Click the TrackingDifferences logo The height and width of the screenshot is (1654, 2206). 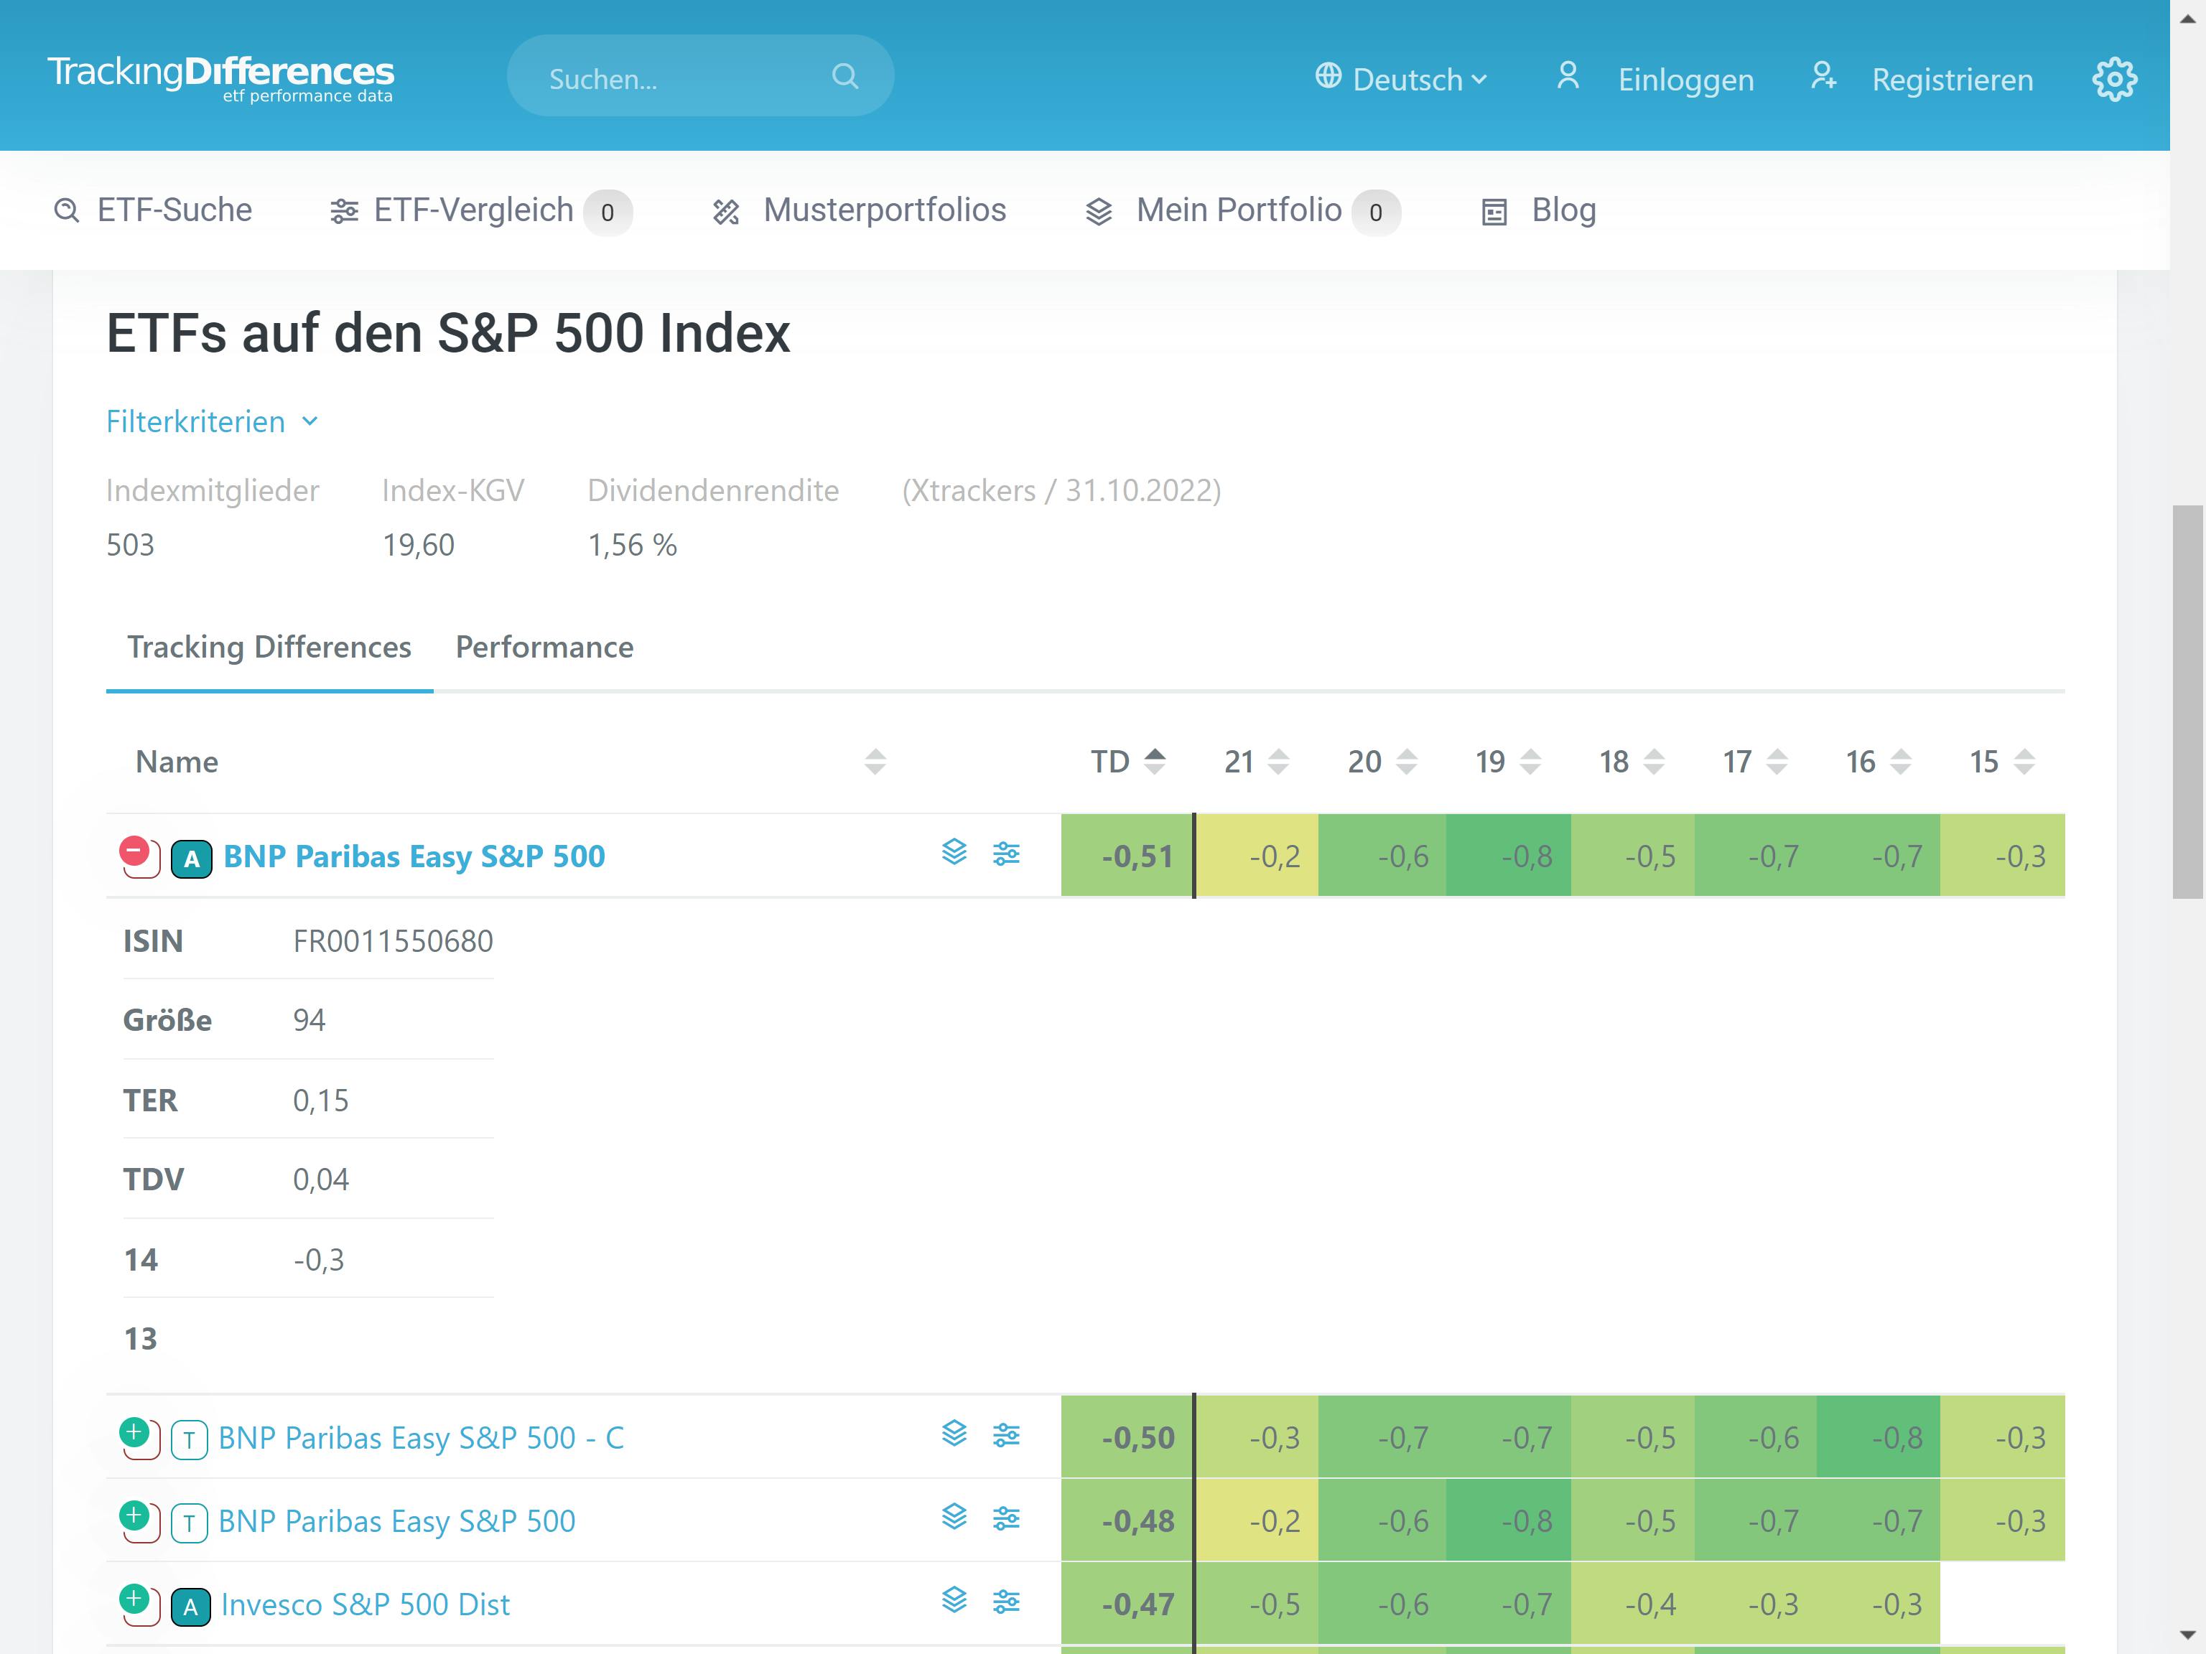pyautogui.click(x=220, y=77)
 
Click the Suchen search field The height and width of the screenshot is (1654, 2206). pyautogui.click(x=688, y=77)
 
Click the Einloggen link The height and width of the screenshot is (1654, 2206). pyautogui.click(x=1685, y=79)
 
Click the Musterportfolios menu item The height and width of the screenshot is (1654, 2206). pyautogui.click(x=883, y=210)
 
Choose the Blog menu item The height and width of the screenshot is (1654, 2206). pyautogui.click(x=1563, y=210)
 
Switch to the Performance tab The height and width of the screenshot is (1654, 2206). pyautogui.click(x=544, y=647)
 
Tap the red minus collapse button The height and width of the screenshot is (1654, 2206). pyautogui.click(x=134, y=852)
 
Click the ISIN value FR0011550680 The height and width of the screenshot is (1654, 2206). pyautogui.click(x=393, y=941)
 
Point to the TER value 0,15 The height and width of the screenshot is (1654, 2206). pyautogui.click(x=320, y=1100)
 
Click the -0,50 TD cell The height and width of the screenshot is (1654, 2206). pyautogui.click(x=1137, y=1438)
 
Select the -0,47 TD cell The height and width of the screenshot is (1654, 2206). pyautogui.click(x=1137, y=1604)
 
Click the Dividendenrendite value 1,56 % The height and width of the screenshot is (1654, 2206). pyautogui.click(x=631, y=546)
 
